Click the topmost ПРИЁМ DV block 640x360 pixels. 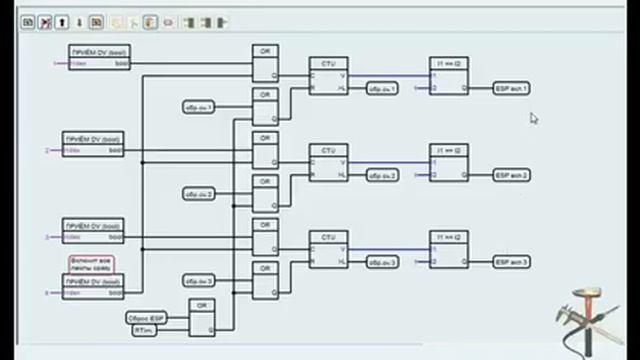(x=99, y=58)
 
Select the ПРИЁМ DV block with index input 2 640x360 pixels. (x=93, y=145)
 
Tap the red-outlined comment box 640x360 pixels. (x=91, y=263)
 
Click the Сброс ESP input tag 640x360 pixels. (x=146, y=317)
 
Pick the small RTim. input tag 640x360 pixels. (x=144, y=329)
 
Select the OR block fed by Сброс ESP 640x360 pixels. (x=202, y=317)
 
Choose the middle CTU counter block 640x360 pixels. (x=328, y=162)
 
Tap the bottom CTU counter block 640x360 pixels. (x=328, y=249)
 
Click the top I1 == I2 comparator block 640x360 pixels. (x=449, y=75)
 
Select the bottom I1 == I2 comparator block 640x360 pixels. (x=449, y=249)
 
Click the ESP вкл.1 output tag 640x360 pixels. (x=511, y=89)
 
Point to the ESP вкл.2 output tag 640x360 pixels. (x=511, y=176)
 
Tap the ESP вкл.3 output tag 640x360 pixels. (x=511, y=262)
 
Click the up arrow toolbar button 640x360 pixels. (x=63, y=22)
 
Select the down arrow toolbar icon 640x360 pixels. (x=80, y=22)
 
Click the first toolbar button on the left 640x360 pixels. (x=28, y=22)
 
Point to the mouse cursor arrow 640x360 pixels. (x=534, y=118)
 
